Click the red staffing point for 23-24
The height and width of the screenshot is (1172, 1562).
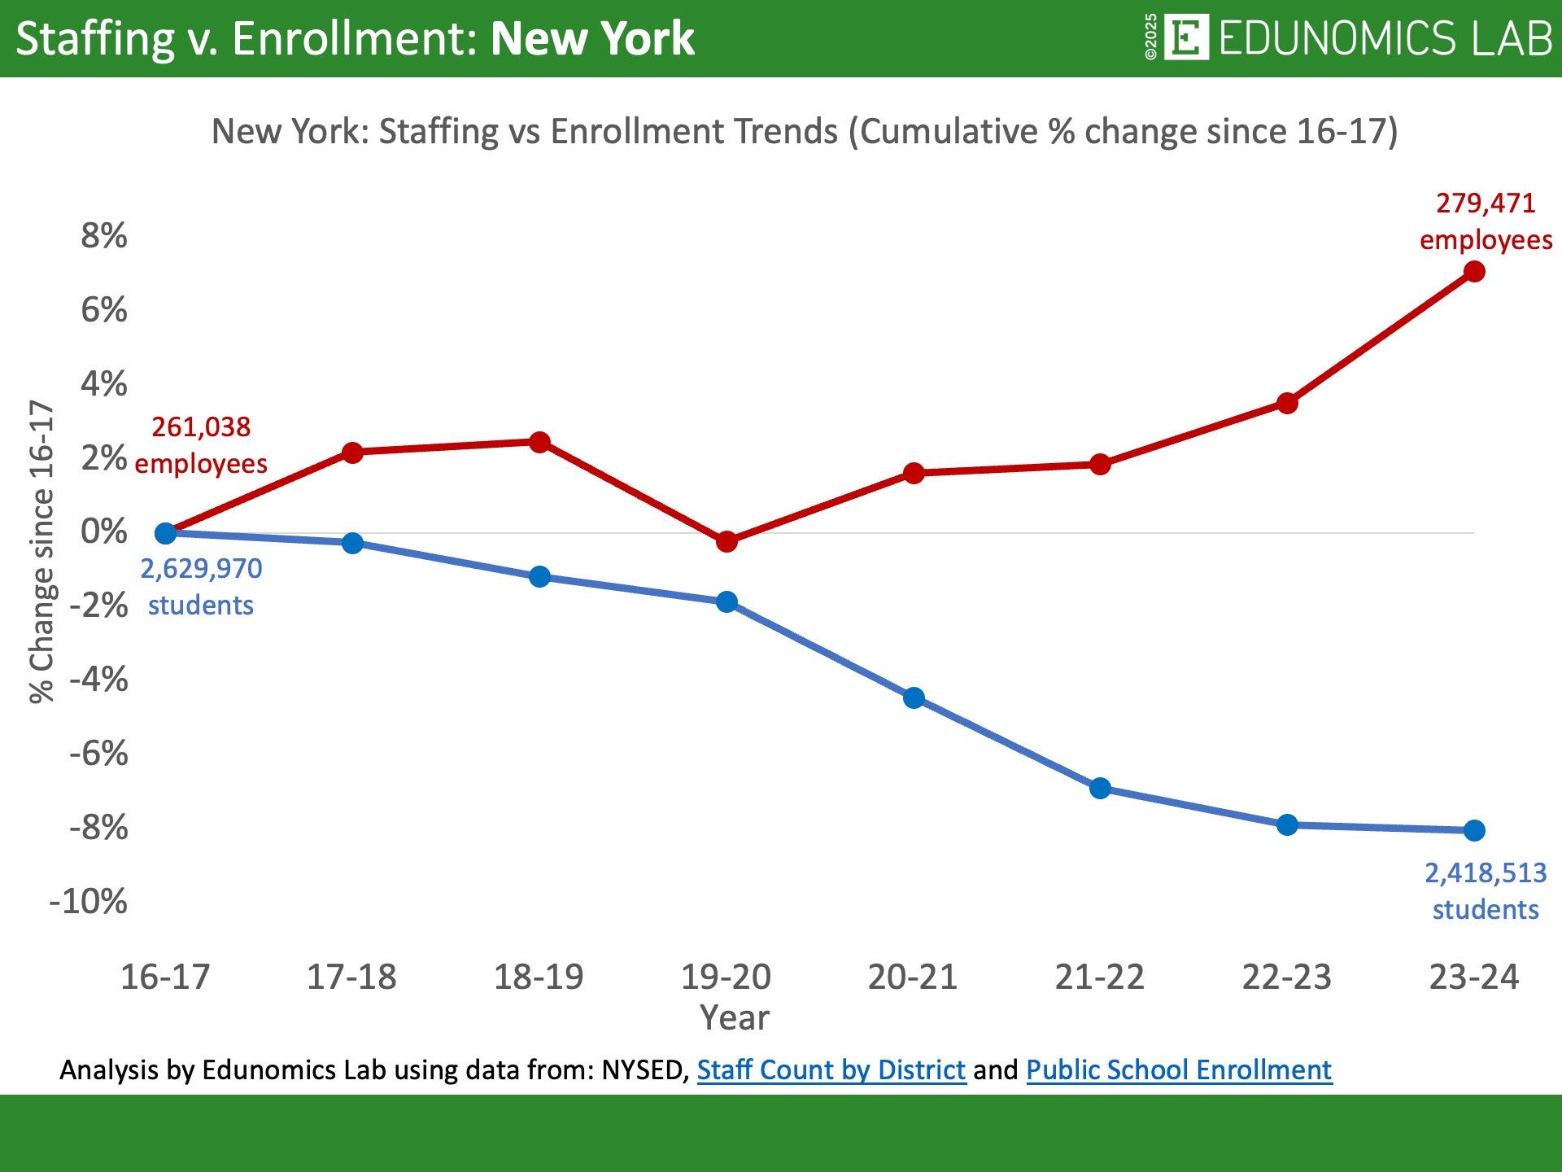coord(1473,272)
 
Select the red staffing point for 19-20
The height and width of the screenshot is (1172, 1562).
coord(726,541)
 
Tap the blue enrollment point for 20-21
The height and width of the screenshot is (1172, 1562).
coord(914,698)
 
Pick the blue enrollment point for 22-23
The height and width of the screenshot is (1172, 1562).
coord(1287,825)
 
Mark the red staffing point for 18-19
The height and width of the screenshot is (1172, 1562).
coord(539,443)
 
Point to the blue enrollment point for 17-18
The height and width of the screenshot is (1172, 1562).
coord(352,543)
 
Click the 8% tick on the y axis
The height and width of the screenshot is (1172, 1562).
coord(104,236)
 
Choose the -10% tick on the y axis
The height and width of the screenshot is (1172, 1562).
coord(89,902)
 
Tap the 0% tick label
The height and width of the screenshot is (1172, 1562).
coord(104,532)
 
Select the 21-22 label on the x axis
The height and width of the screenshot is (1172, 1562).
coord(1100,977)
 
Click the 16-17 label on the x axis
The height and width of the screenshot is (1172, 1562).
coord(165,977)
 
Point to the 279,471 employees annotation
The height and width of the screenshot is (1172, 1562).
coord(1486,221)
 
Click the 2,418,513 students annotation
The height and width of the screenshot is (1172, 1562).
coord(1486,891)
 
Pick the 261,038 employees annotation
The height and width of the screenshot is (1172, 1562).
coord(201,445)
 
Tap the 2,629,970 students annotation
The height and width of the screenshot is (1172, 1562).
coord(201,587)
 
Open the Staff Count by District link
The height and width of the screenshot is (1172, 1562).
coord(831,1069)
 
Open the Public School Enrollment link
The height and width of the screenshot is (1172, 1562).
coord(1179,1069)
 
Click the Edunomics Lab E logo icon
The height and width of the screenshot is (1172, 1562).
coord(1186,37)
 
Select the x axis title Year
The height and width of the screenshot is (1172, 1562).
coord(735,1018)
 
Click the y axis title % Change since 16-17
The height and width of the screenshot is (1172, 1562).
coord(41,552)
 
